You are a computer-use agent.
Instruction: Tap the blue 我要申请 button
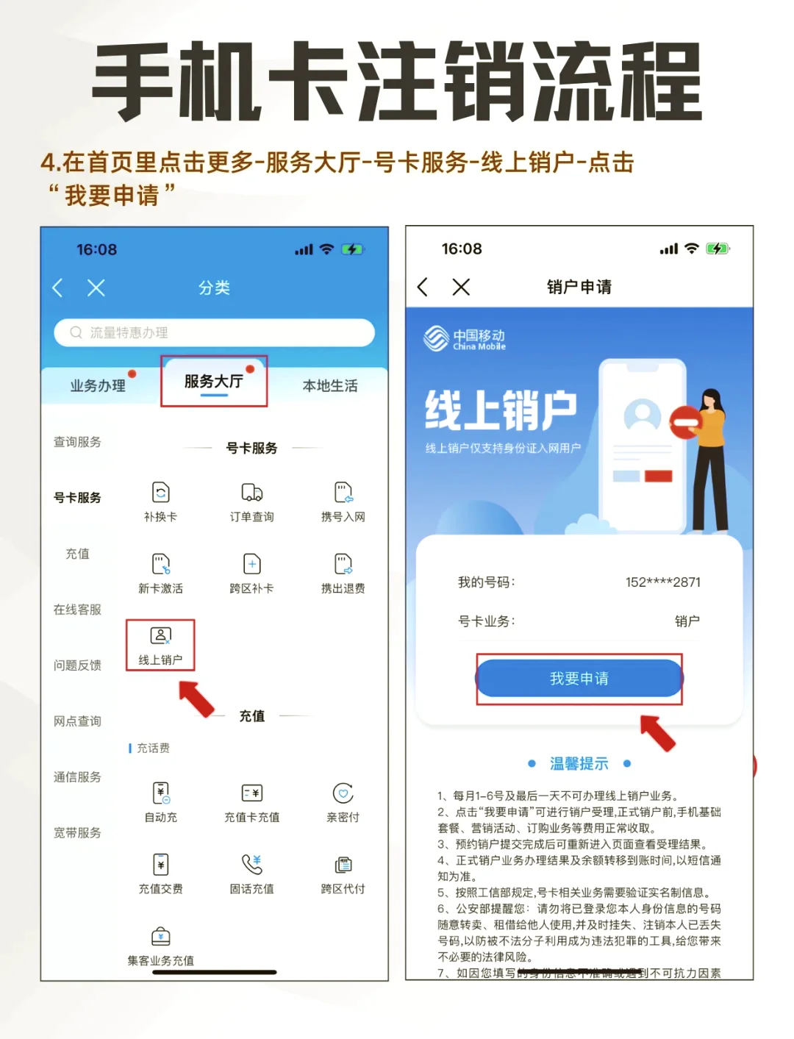tap(579, 678)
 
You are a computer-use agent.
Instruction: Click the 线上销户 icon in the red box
tap(160, 636)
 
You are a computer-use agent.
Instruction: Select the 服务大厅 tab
tap(214, 381)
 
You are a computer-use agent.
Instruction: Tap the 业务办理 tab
tap(98, 385)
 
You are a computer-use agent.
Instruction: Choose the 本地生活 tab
tap(330, 385)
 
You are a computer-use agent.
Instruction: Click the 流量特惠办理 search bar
tap(214, 332)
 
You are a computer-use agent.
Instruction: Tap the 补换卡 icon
tap(160, 492)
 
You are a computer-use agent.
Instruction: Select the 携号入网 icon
tap(343, 492)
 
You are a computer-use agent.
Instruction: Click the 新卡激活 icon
tap(160, 564)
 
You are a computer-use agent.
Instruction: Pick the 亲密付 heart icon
tap(343, 793)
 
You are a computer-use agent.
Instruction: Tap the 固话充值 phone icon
tap(252, 864)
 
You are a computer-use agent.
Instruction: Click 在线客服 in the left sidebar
tap(77, 609)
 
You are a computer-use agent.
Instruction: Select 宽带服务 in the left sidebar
tap(77, 832)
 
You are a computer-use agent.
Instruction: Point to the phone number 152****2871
tap(662, 582)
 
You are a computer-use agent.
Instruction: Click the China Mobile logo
tap(465, 339)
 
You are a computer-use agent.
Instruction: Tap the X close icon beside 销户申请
tap(461, 287)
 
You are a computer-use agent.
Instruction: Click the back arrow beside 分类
tap(57, 288)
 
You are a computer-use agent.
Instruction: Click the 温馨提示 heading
tap(579, 763)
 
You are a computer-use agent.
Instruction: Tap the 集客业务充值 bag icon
tap(160, 936)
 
